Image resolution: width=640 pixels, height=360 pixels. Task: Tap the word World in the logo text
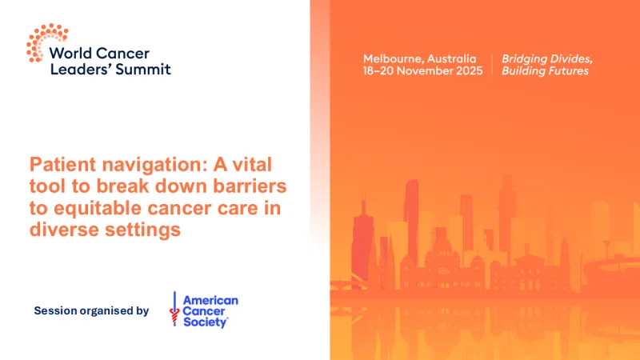point(70,53)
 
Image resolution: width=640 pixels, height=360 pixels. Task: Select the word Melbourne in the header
point(393,59)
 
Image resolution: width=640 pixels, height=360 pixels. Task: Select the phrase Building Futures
point(545,71)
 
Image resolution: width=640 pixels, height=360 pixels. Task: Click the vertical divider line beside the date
point(491,65)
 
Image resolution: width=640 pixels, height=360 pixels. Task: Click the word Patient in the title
point(60,166)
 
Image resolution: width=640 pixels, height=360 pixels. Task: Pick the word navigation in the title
point(140,166)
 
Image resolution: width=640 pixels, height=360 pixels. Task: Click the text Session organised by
point(91,310)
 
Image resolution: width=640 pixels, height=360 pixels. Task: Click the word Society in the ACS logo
point(206,322)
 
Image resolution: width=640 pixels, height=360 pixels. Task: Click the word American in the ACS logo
point(210,300)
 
